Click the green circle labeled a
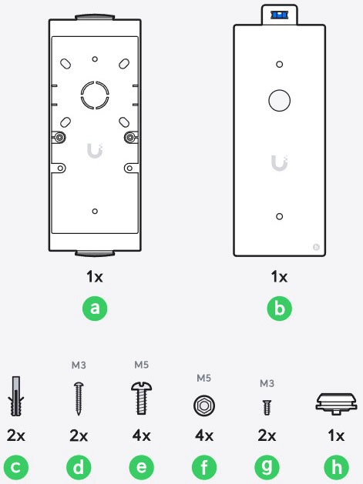tap(95, 309)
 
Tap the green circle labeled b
tap(279, 309)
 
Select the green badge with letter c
tap(16, 467)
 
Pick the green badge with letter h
tap(336, 467)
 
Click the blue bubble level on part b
tap(279, 15)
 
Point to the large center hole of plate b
tap(279, 100)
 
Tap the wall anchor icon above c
tap(16, 396)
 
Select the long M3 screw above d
tap(79, 399)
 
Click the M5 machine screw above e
tap(141, 398)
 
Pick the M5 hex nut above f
tap(204, 406)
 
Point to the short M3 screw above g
tap(267, 407)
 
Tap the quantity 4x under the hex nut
tap(204, 436)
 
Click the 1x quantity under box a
tap(95, 276)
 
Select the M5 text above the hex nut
tap(203, 378)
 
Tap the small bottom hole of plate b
tap(279, 216)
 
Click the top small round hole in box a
tap(95, 59)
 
